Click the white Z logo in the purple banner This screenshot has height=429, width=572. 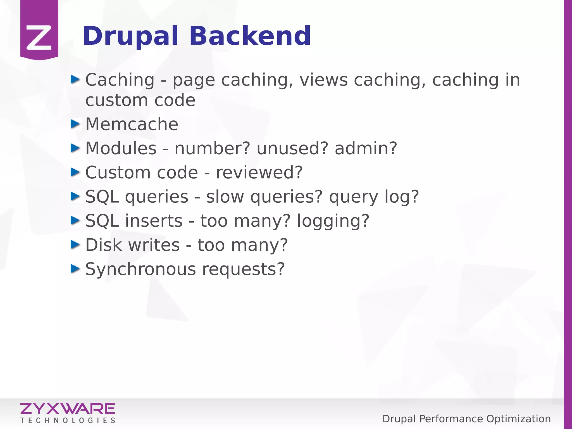39,37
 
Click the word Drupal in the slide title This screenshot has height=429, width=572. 130,36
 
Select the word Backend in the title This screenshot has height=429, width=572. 250,36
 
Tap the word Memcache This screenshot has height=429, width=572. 132,124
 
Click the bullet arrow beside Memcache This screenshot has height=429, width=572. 75,124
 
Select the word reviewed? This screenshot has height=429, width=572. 259,172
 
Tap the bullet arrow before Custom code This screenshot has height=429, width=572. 75,172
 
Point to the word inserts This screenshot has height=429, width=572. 154,221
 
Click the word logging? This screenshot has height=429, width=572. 333,221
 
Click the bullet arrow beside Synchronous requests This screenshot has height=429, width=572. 75,269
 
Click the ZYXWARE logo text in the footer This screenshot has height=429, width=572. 68,409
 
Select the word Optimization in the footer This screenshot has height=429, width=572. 518,419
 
